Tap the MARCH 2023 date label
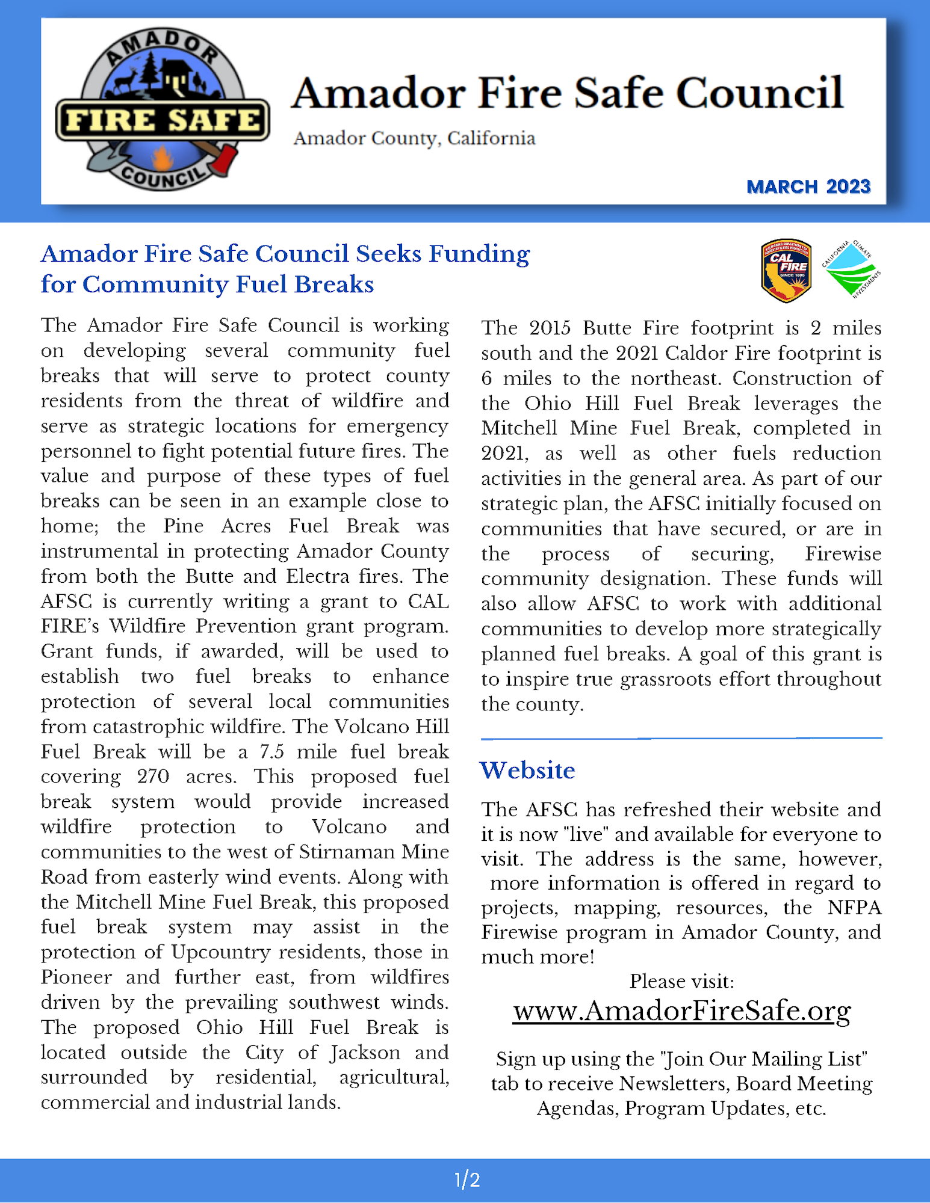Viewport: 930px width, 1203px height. coord(808,187)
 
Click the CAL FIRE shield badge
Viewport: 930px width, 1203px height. coord(786,270)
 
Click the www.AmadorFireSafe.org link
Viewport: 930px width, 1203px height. coord(681,1011)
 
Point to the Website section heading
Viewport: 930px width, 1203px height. coord(527,771)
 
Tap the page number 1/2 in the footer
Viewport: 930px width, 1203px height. coord(467,1180)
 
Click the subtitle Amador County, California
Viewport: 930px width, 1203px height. coord(414,138)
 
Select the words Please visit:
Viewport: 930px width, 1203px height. coord(681,982)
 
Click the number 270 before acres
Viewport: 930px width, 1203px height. coord(153,777)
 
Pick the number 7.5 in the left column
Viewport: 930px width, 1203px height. coord(271,752)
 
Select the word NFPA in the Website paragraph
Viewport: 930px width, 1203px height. coord(854,908)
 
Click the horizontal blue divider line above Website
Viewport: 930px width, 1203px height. coord(681,737)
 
